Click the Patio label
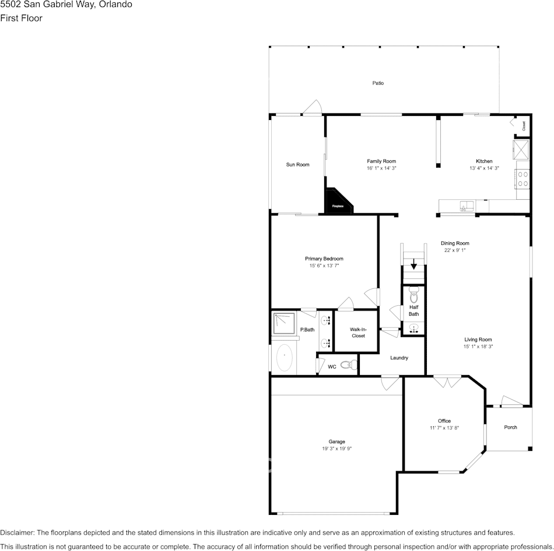point(378,83)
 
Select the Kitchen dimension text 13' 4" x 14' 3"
point(484,168)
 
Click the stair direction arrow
point(414,265)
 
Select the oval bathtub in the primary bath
point(285,358)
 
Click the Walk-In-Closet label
point(358,333)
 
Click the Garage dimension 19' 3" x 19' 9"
point(336,448)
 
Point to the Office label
point(444,421)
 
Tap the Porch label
point(510,428)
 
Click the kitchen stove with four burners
point(523,178)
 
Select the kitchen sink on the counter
point(466,206)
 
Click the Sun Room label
point(297,165)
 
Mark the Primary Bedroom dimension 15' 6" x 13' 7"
point(324,266)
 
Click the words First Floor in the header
point(21,18)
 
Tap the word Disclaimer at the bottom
point(17,532)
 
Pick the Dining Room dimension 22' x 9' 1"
point(455,250)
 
